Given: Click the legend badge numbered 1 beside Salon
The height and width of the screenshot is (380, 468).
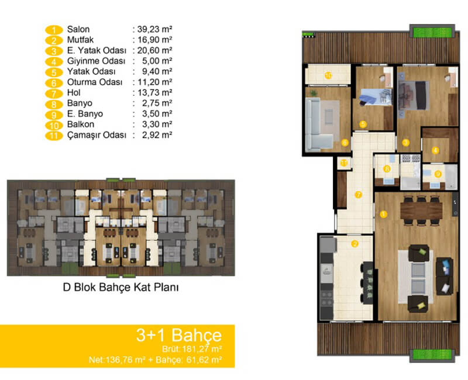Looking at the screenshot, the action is point(54,30).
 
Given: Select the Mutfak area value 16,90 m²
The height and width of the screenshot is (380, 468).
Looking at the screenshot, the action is point(154,40).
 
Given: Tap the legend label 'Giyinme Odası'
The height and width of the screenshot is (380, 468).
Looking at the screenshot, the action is point(96,61).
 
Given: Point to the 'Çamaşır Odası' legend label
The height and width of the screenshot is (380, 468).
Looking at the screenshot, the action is point(97,135).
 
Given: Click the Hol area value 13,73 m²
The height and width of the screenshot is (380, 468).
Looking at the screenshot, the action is point(154,93).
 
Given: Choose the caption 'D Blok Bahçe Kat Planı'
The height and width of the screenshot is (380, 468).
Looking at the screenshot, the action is point(121,287).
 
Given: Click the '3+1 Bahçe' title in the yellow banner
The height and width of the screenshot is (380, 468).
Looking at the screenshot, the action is point(179,335).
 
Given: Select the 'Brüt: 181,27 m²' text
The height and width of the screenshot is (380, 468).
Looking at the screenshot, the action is point(192,348).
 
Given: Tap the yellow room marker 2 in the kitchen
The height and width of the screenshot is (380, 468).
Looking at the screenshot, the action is point(355,244).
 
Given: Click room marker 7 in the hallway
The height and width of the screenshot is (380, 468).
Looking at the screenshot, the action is point(358,195).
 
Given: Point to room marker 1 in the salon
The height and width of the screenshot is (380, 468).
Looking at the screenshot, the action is point(383,214).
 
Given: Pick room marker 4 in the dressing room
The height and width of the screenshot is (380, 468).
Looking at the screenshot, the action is point(435,151).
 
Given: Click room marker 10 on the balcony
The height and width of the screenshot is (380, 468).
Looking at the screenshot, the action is point(328,75).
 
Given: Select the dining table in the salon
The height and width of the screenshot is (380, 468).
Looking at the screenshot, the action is point(421,210).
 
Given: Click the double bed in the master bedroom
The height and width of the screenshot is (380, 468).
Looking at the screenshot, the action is point(414,95).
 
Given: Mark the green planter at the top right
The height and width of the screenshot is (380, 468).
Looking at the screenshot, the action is point(432,32).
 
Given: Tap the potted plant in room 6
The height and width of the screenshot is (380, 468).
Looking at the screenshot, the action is point(314,93).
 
